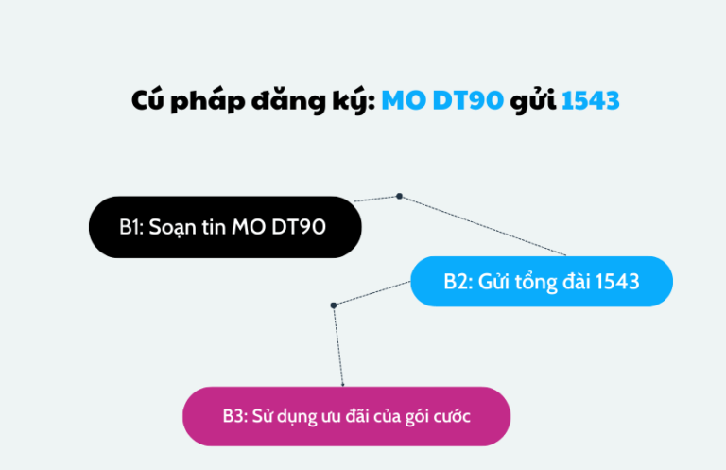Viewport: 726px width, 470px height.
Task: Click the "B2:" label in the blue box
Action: [x=458, y=281]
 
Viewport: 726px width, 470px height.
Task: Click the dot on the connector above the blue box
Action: [x=399, y=196]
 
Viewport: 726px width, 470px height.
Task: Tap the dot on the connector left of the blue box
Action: [x=334, y=305]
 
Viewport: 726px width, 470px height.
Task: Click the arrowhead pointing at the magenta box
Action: [x=342, y=384]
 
